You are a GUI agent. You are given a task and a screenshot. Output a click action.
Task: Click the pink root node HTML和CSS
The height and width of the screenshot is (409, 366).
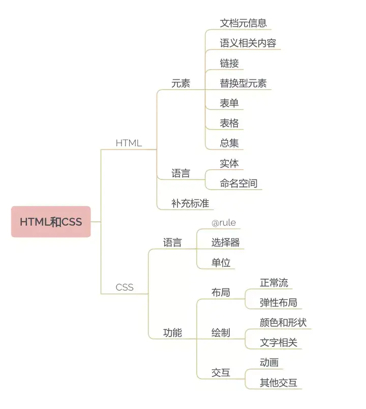(51, 222)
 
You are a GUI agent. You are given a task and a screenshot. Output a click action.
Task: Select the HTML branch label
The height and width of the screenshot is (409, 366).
(129, 143)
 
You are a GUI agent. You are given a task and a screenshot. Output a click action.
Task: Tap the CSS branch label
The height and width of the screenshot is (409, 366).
(125, 287)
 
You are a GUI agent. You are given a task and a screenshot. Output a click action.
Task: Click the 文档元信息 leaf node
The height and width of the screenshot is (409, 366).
(243, 23)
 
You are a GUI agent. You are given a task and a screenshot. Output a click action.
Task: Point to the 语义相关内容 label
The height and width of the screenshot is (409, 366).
(248, 43)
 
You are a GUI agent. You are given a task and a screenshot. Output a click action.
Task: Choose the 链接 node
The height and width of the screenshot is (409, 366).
(229, 63)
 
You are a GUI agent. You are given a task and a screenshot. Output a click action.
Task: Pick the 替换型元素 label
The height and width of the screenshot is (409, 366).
(243, 83)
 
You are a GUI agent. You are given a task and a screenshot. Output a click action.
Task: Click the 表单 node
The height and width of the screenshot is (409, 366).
(229, 103)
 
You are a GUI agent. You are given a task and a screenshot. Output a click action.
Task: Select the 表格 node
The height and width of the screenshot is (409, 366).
(229, 123)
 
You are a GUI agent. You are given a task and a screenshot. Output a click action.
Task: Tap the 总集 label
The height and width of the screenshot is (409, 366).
(229, 143)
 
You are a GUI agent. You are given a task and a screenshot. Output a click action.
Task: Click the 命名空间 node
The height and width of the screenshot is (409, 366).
(238, 183)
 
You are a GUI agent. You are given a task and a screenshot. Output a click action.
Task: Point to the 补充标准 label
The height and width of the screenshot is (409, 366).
(190, 203)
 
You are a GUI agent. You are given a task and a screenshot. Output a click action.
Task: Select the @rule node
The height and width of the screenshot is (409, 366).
(224, 223)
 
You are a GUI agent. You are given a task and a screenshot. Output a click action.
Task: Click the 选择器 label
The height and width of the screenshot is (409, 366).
(225, 242)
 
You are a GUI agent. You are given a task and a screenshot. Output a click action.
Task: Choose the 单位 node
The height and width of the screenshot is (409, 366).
(221, 263)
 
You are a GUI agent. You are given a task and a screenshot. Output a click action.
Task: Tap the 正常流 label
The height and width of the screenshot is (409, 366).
(274, 283)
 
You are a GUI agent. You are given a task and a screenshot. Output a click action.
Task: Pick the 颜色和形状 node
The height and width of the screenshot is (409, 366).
(283, 322)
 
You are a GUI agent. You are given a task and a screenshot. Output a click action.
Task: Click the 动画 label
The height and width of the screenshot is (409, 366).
(269, 363)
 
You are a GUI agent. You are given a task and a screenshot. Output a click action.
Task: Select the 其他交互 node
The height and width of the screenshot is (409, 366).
(279, 383)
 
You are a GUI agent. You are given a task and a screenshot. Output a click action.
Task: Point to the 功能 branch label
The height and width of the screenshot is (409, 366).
(172, 333)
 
